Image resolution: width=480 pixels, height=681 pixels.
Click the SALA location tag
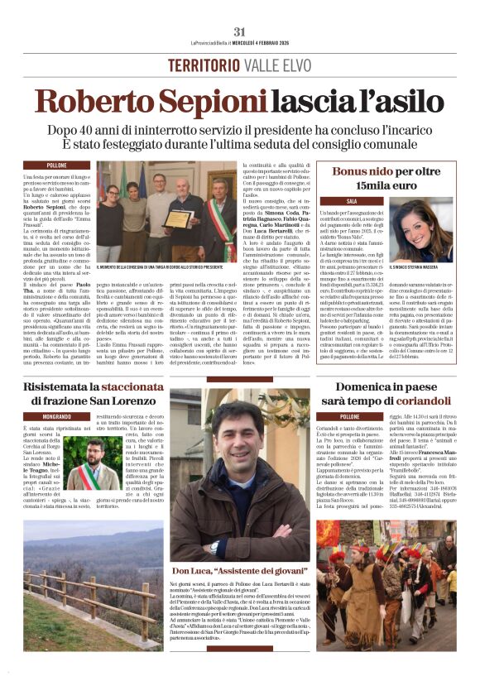329,200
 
